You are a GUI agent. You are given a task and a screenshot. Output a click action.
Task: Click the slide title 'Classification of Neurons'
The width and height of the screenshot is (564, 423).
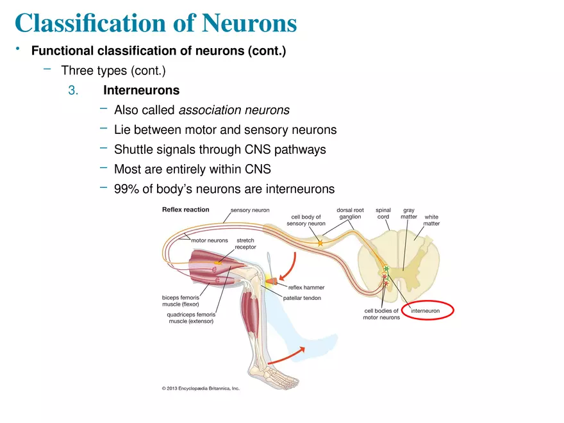[156, 24]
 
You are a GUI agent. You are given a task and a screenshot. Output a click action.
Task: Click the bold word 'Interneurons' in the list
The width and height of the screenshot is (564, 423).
[141, 90]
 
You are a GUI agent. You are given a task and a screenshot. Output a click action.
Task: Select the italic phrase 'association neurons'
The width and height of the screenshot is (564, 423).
[233, 110]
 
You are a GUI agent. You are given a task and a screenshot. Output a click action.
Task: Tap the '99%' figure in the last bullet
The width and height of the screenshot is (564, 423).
[126, 189]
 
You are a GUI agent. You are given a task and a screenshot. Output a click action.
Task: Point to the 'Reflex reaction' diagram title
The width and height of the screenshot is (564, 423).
[186, 210]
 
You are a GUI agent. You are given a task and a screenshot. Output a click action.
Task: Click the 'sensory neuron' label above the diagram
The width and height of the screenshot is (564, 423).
[249, 210]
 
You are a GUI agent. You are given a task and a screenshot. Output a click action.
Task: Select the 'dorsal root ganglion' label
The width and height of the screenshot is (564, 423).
[350, 213]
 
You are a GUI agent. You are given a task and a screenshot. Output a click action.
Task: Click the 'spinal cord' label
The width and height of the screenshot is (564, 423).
[383, 213]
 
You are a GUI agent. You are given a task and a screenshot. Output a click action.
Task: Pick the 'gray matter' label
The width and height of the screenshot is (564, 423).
[408, 213]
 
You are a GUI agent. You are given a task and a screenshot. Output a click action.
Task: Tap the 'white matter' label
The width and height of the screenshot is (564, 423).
[431, 220]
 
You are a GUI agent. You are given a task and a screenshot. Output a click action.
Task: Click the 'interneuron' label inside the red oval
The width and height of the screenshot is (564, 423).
[425, 311]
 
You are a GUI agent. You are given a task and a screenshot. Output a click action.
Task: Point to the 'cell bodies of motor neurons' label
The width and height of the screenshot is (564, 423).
[381, 314]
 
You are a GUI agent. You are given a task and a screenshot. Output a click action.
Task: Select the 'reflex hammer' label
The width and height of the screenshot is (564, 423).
[306, 288]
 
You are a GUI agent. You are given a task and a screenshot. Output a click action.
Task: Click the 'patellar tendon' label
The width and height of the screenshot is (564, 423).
[302, 298]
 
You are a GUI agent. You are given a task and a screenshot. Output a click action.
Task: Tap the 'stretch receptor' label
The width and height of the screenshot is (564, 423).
[246, 244]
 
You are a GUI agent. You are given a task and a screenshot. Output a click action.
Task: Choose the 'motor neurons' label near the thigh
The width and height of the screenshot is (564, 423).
[209, 240]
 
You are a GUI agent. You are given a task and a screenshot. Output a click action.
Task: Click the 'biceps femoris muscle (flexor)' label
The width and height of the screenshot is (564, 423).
[180, 301]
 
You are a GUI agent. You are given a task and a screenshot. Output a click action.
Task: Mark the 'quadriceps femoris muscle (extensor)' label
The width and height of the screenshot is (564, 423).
[191, 318]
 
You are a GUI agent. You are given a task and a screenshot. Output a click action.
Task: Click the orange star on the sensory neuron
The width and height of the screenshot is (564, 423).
[320, 243]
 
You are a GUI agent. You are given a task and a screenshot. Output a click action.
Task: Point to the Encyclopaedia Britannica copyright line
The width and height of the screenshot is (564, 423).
[201, 388]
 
